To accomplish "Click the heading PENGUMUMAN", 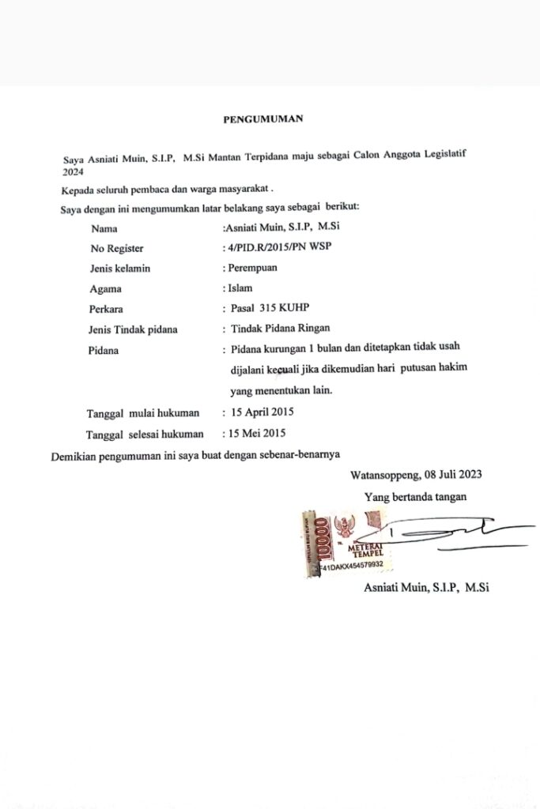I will tap(263, 119).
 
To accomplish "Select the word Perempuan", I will tap(252, 268).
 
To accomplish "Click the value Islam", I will tap(240, 288).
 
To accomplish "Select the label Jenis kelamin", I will tap(120, 269).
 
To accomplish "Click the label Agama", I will tap(106, 289).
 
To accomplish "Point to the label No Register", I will tap(117, 249).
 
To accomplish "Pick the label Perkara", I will tap(107, 309).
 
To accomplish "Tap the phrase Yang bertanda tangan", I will tap(415, 497).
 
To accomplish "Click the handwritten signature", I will tap(451, 533).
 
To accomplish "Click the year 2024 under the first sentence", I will tap(73, 170).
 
